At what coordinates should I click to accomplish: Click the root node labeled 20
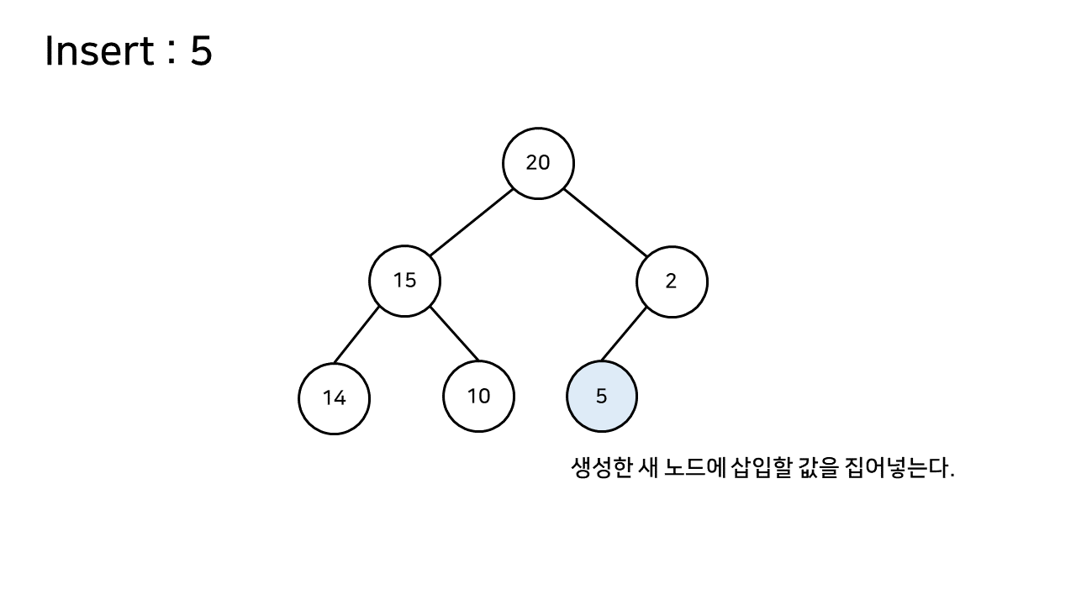pos(538,163)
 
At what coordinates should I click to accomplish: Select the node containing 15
pos(404,281)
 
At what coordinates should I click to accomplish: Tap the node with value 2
pos(671,281)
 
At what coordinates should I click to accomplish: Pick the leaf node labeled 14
pos(334,398)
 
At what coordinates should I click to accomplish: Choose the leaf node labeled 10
pos(478,396)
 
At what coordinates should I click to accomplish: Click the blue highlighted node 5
pos(601,397)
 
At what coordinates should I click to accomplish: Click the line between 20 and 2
pos(605,222)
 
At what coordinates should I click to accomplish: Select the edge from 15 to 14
pos(356,335)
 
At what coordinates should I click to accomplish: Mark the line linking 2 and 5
pos(624,334)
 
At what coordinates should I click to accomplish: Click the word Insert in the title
pos(98,51)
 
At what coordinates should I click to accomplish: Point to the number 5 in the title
pos(201,51)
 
